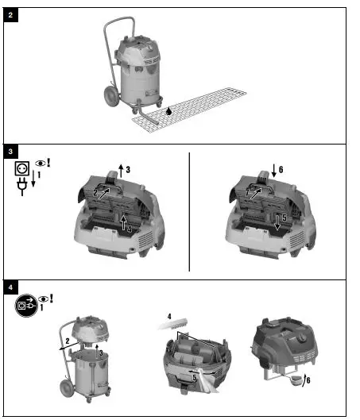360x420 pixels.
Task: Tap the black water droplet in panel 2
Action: pos(168,112)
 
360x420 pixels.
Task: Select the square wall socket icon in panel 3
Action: pos(23,169)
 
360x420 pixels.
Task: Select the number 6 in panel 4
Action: pos(308,380)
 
